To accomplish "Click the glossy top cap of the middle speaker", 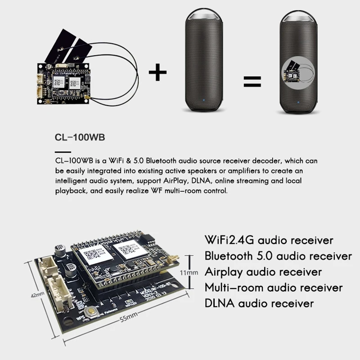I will coord(204,15).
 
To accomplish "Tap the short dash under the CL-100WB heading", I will coord(63,151).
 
